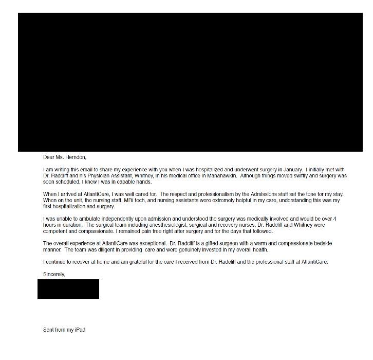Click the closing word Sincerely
[53, 274]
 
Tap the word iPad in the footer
[80, 330]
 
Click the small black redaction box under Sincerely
[68, 289]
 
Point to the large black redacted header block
[190, 82]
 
